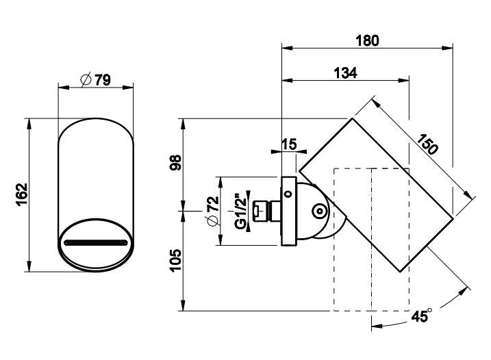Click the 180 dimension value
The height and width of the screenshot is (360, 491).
(367, 40)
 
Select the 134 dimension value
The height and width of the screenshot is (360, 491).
(345, 73)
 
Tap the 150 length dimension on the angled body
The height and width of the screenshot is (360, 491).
(427, 144)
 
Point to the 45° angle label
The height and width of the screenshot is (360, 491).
(421, 316)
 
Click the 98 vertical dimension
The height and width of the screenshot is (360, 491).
(176, 162)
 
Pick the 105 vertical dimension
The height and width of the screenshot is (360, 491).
(175, 261)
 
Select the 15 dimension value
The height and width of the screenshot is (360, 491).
(289, 144)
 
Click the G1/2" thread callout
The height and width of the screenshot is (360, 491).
(240, 211)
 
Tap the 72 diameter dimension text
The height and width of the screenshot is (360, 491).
(213, 211)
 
